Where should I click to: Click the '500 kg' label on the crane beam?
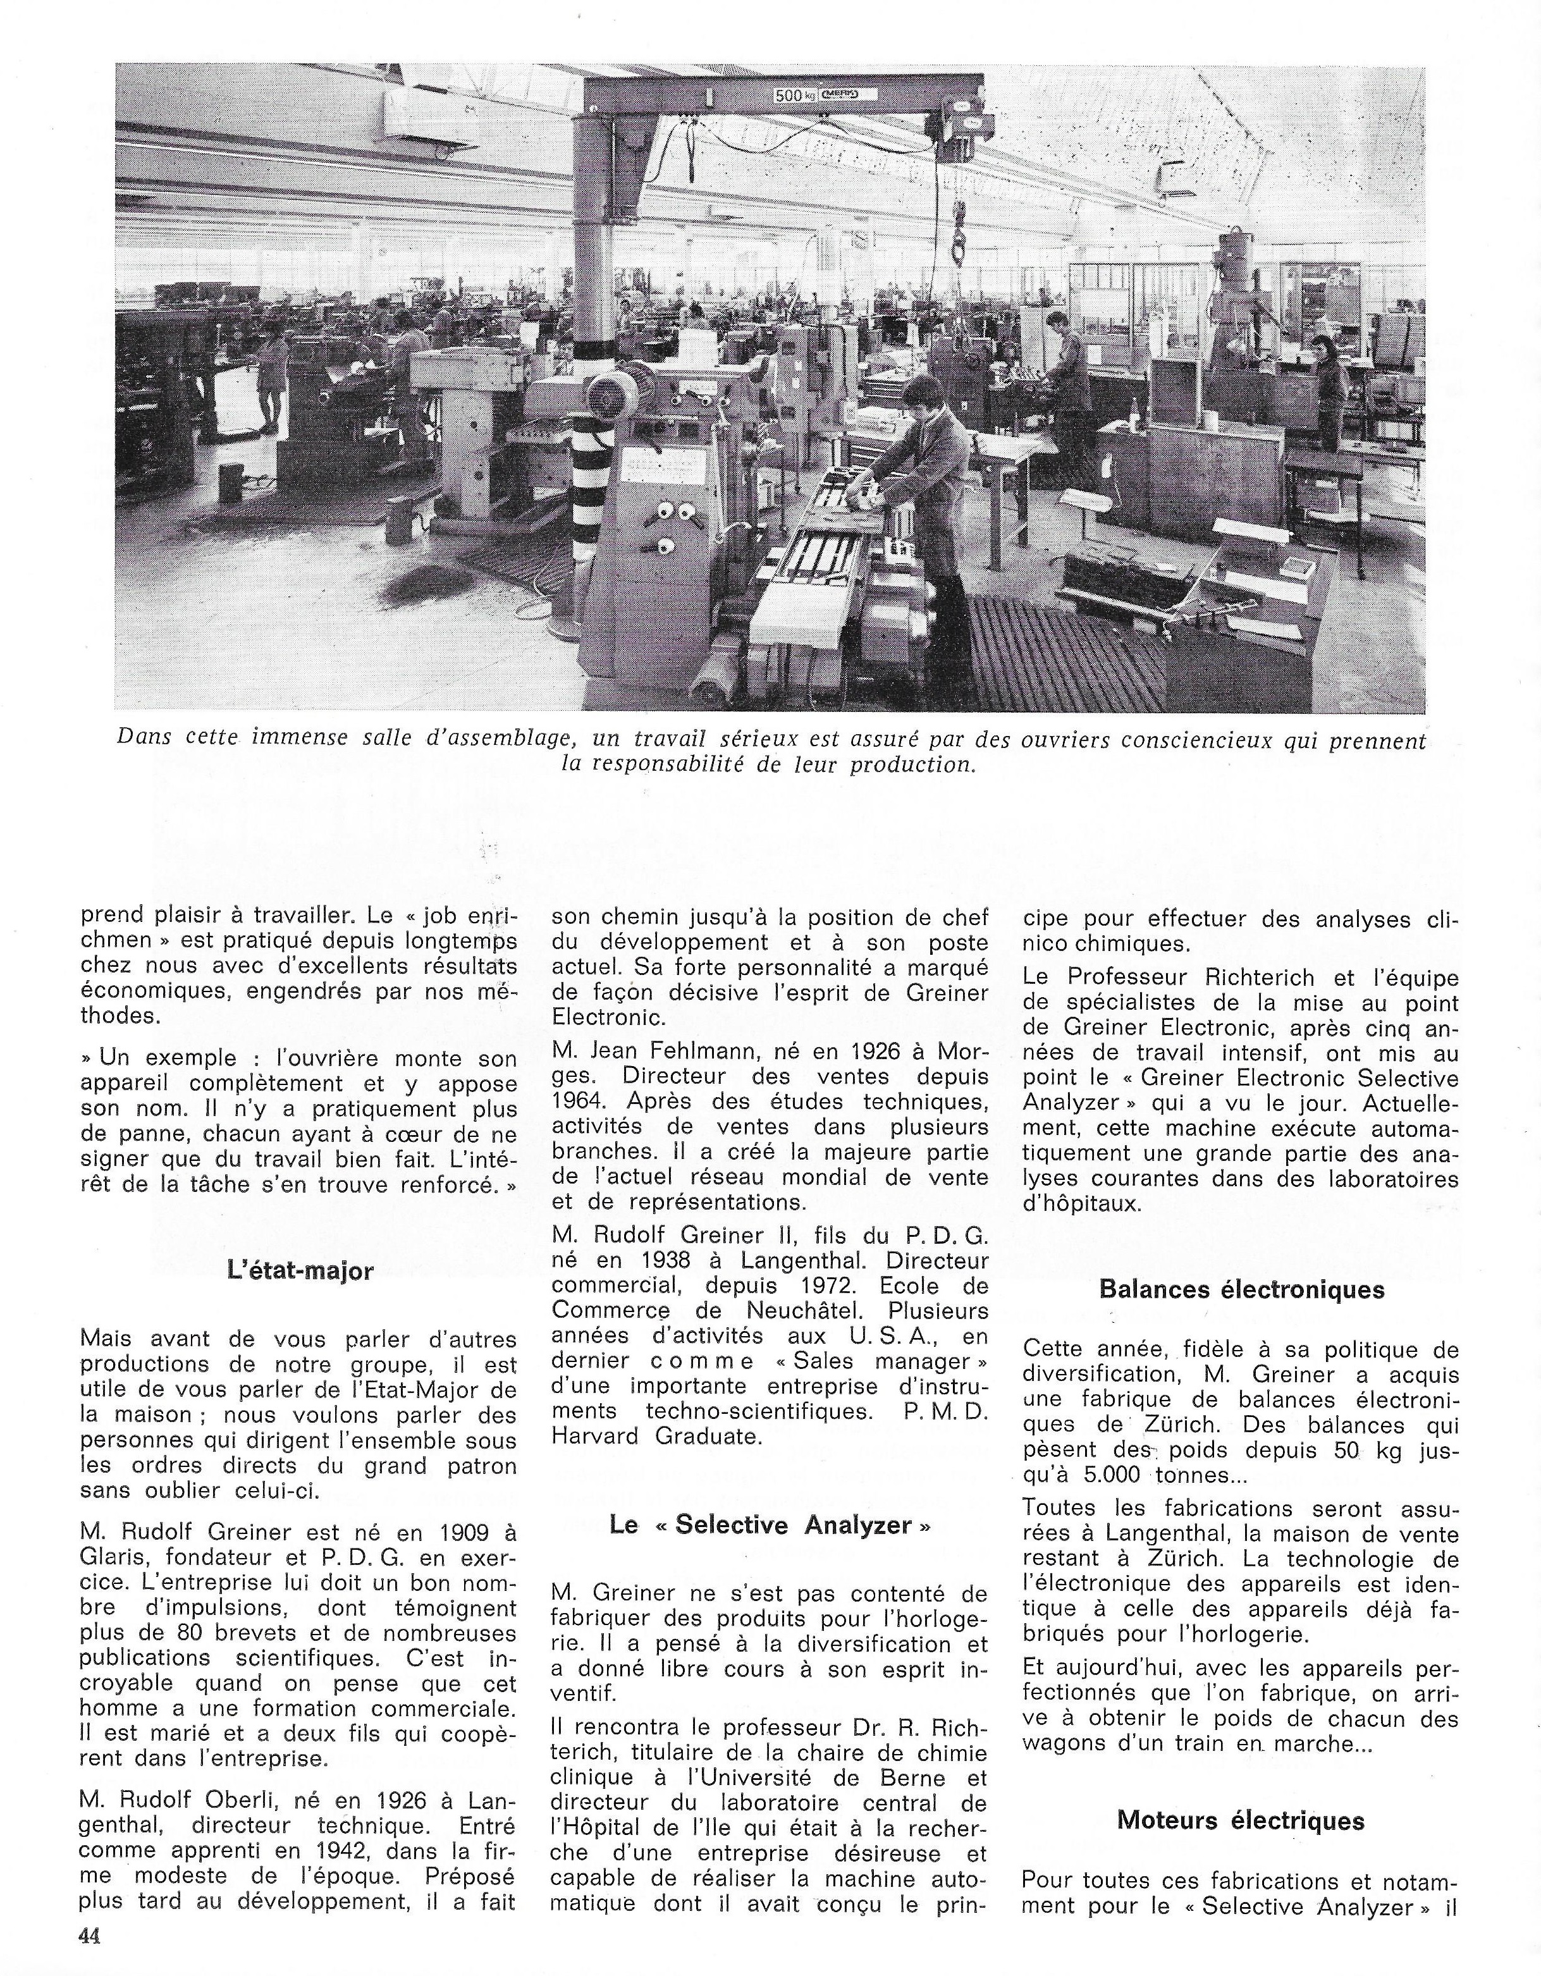pos(794,94)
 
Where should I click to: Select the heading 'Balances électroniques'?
pos(1241,1289)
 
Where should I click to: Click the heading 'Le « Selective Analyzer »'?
pos(770,1525)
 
